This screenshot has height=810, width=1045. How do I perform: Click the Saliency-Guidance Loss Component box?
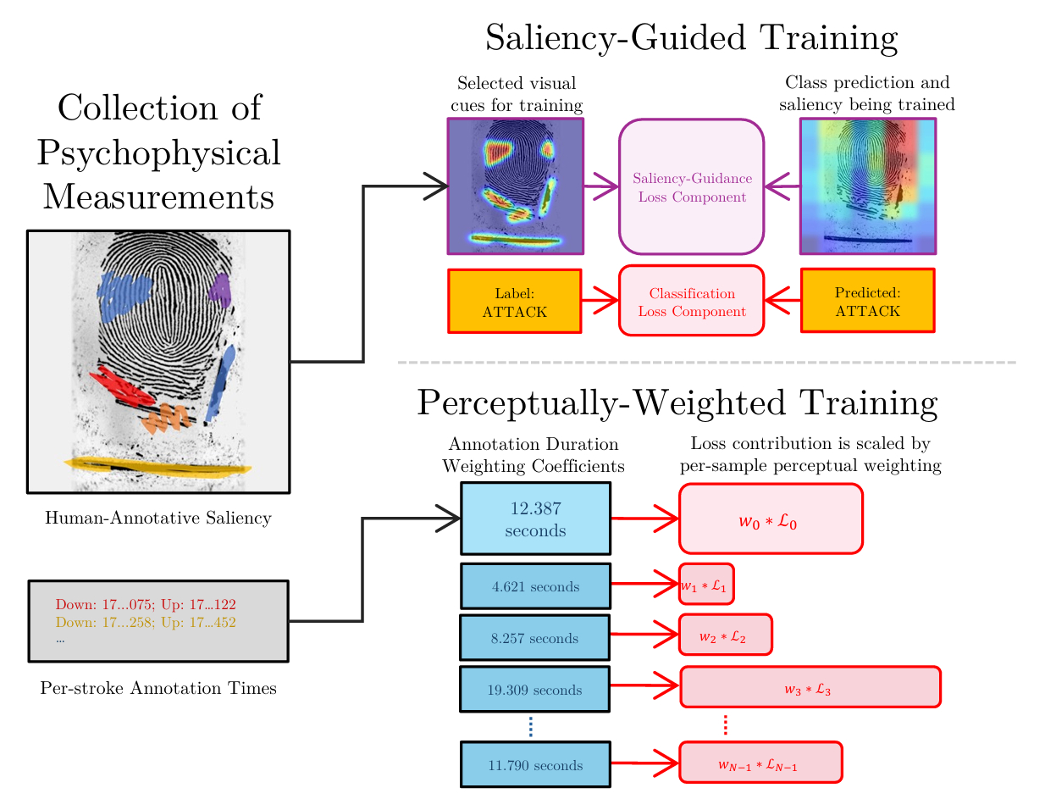[x=691, y=187]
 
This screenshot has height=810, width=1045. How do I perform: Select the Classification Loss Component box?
[x=691, y=302]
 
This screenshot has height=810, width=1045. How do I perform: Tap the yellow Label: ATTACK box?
[x=514, y=302]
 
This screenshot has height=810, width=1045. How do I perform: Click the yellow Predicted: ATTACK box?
[x=867, y=302]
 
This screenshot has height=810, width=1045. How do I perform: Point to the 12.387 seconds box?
[x=535, y=519]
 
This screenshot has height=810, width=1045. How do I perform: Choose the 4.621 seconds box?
[x=535, y=586]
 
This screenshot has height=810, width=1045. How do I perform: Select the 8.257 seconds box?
[x=534, y=638]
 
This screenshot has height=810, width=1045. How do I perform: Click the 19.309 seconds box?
[x=534, y=690]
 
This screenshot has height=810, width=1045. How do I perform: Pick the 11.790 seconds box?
[x=535, y=765]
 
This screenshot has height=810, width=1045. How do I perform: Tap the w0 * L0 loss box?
[x=770, y=519]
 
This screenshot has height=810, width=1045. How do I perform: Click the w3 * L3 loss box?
[x=810, y=687]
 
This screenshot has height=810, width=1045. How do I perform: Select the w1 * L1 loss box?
[x=705, y=585]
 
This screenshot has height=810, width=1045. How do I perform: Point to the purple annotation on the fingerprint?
[x=220, y=291]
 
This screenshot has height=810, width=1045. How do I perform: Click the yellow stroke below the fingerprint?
[x=158, y=466]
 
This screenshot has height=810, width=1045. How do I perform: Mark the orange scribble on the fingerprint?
[x=166, y=418]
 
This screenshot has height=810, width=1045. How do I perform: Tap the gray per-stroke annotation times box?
[x=158, y=621]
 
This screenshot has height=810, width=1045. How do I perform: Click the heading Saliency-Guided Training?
[x=691, y=38]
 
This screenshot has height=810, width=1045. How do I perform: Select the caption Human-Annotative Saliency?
[x=158, y=518]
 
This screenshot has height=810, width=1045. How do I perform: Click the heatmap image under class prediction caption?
[x=867, y=186]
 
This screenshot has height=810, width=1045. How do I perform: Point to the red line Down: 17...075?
[x=146, y=604]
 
